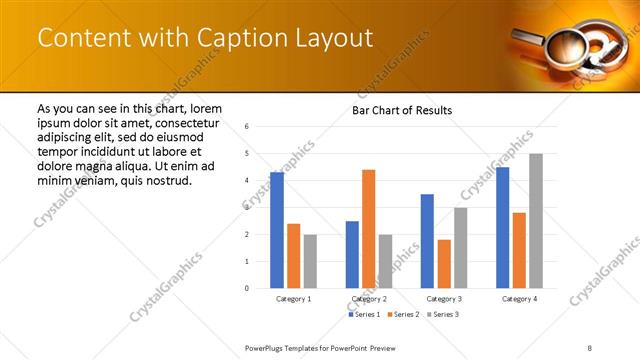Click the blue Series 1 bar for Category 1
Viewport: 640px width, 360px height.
coord(277,231)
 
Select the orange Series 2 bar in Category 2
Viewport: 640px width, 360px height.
coord(368,229)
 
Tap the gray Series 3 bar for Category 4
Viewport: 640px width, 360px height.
coord(536,221)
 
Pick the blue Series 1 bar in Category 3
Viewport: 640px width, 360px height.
coord(427,241)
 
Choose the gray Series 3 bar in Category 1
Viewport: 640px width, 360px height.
coord(310,262)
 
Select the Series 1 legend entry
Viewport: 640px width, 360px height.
coord(363,315)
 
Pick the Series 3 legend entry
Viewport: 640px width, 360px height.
coord(442,315)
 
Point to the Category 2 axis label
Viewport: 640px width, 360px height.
coord(368,299)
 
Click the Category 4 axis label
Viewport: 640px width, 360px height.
coord(519,299)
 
